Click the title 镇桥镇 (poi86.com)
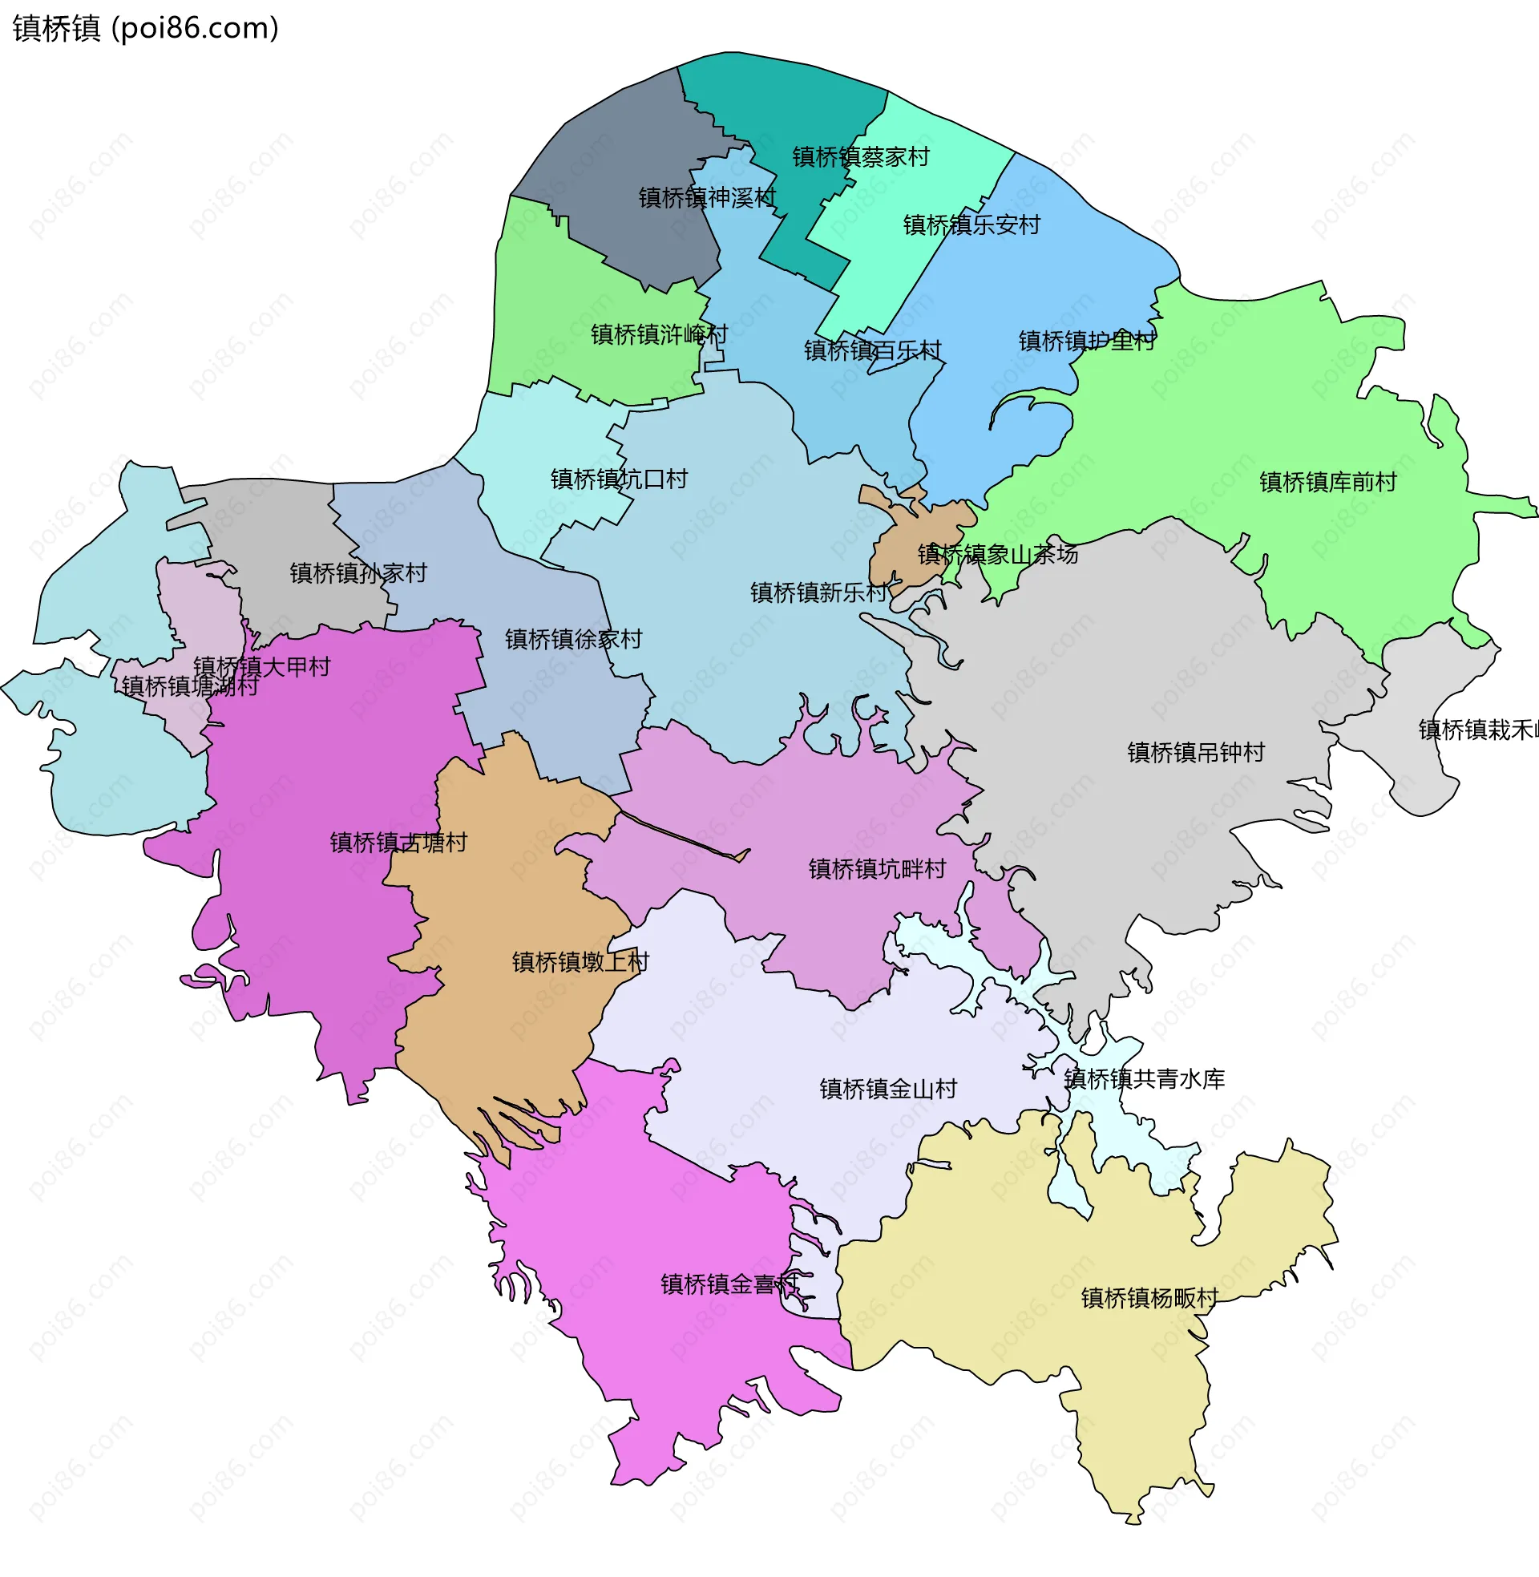pos(146,28)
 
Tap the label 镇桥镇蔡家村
pos(861,157)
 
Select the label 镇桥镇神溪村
pos(707,197)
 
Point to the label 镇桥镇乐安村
pos(971,224)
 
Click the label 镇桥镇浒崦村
pos(659,334)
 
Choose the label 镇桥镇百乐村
pos(873,350)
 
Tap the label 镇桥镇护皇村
pos(1087,341)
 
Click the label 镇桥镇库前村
pos(1328,483)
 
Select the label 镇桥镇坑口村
pos(619,479)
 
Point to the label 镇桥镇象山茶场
pos(997,555)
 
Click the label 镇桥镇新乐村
pos(819,592)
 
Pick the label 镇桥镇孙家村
pos(359,573)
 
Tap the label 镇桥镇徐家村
pos(574,639)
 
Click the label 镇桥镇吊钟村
pos(1196,753)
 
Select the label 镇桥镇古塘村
pos(398,843)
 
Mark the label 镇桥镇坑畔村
pos(877,869)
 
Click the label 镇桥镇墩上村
pos(580,962)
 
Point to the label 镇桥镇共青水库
pos(1145,1079)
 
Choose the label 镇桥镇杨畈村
pos(1150,1298)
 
